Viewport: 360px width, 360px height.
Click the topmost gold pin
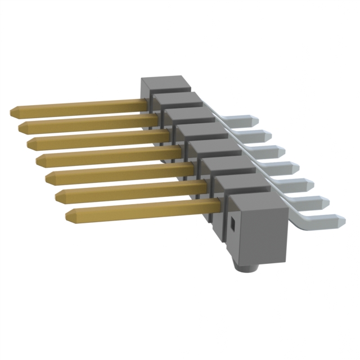click(79, 107)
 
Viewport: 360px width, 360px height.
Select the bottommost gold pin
click(141, 209)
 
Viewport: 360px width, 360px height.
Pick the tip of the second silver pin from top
click(269, 135)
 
